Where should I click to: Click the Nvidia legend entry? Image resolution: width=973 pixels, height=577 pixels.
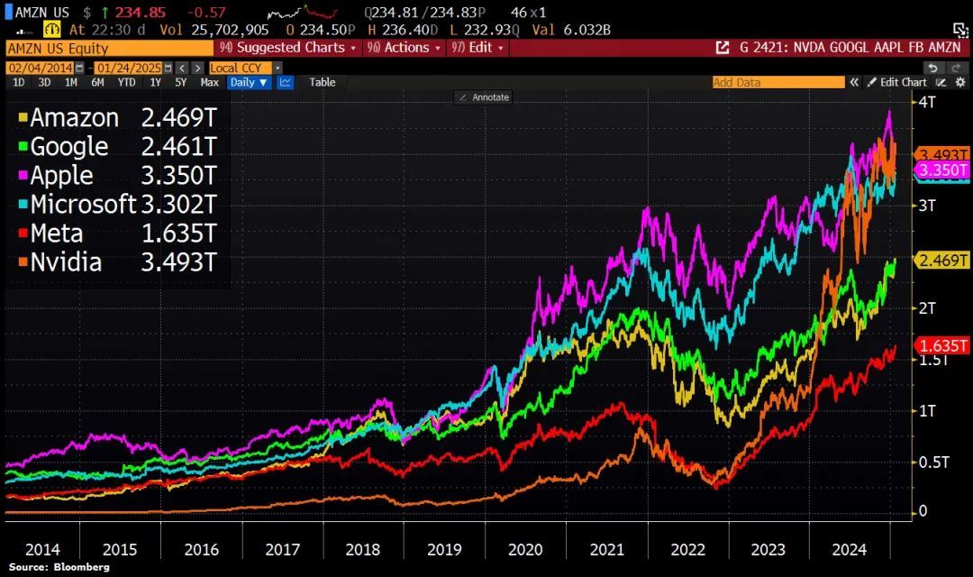coord(65,262)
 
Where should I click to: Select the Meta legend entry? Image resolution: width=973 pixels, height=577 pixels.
coord(56,234)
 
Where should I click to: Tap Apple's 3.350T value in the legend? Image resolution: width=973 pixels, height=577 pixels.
coord(178,176)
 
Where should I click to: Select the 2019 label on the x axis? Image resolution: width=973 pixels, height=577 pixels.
coord(444,548)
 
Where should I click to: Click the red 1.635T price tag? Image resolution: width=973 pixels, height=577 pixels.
coord(943,345)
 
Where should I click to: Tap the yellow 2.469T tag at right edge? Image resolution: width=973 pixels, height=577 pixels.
coord(943,261)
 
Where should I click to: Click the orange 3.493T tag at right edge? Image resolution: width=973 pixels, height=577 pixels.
coord(943,154)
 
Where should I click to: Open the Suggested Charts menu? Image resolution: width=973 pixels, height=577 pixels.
coord(287,48)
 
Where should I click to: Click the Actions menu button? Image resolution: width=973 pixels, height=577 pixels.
coord(406,48)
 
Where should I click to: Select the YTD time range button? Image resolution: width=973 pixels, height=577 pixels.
coord(126,82)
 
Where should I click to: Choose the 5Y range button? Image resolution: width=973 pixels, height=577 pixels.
coord(181,82)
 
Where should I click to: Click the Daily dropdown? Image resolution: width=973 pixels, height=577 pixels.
coord(249,82)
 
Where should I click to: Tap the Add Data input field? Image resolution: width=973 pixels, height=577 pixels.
coord(777,82)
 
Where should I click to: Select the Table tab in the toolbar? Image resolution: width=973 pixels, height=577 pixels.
coord(322,82)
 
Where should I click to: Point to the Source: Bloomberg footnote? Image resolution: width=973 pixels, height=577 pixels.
coord(59,567)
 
